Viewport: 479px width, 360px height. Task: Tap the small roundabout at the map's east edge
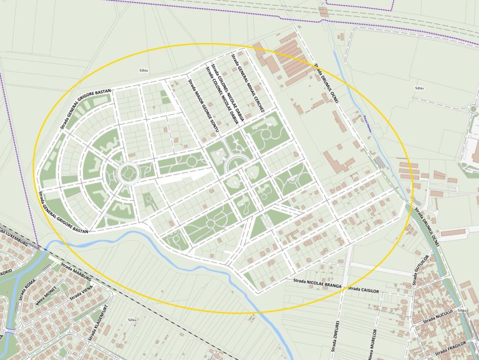474,109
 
